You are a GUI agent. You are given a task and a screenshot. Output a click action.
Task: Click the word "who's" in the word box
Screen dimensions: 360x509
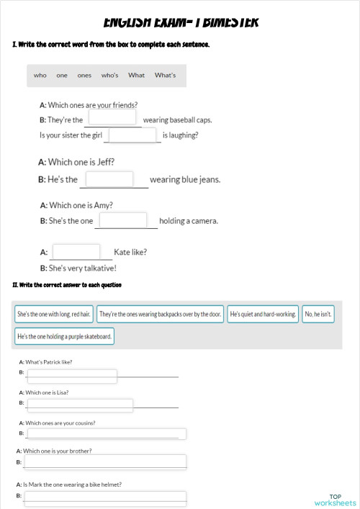[x=109, y=76]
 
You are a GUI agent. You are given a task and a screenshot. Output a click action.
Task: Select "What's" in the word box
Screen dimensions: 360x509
[x=165, y=76]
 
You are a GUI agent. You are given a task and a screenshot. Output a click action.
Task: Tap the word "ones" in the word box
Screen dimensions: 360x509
[x=84, y=76]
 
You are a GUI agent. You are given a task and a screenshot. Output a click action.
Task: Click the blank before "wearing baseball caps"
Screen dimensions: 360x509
[x=112, y=117]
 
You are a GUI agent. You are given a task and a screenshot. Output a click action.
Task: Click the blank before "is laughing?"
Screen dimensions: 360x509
[x=132, y=135]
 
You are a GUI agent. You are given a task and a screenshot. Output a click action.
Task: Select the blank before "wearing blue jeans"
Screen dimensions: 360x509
[x=109, y=179]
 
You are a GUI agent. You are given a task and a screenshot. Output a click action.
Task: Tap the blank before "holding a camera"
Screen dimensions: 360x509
[x=123, y=220]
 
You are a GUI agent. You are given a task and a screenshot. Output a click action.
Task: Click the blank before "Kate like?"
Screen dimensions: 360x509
[x=76, y=252]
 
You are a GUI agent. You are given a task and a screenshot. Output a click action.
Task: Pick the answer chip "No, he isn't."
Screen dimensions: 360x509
[x=318, y=315]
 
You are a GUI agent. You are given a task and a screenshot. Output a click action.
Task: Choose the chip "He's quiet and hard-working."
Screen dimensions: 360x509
[x=263, y=315]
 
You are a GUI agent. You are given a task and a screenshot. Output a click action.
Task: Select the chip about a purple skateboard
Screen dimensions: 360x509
[x=65, y=336]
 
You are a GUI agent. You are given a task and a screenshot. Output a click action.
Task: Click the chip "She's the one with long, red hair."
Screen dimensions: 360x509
[x=54, y=315]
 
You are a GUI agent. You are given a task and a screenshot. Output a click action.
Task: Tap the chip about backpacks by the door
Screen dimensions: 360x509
[x=160, y=315]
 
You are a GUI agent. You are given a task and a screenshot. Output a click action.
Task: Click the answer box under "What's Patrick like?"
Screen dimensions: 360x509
[x=71, y=376]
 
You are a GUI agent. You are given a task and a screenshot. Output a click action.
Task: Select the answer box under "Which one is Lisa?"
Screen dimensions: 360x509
[x=79, y=405]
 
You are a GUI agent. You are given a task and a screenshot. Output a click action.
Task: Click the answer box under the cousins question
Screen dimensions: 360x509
[x=105, y=434]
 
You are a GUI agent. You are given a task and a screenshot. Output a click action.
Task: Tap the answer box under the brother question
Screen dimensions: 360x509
[x=105, y=461]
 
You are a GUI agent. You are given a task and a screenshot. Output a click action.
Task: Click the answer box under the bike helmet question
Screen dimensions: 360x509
[x=105, y=497]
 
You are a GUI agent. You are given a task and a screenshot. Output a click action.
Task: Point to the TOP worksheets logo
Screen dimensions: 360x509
[x=335, y=500]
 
